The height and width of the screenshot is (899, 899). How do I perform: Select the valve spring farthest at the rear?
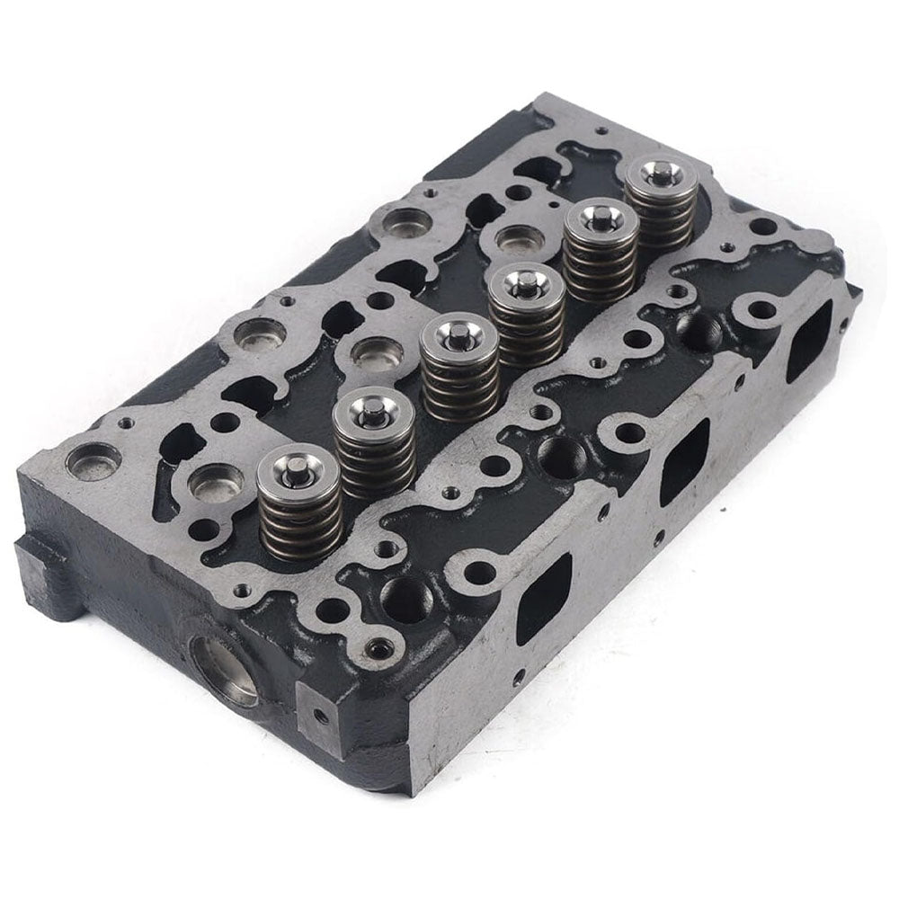[661, 207]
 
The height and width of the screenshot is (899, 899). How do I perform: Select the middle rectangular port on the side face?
[684, 460]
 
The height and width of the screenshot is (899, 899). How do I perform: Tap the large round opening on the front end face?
[223, 670]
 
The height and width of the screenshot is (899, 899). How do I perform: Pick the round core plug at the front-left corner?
[93, 460]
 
